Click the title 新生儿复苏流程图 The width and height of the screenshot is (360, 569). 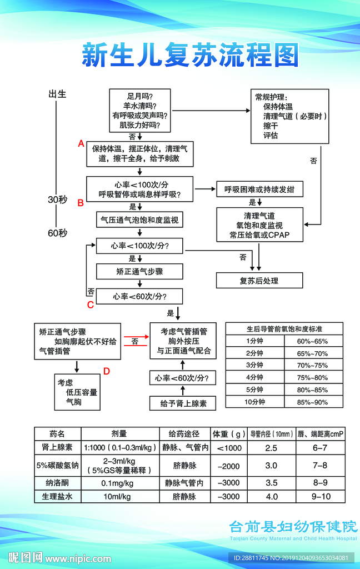point(191,56)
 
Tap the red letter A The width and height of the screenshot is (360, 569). point(81,144)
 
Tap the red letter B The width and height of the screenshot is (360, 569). point(81,203)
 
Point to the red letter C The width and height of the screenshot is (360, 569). point(90,305)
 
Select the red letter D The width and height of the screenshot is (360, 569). point(107,371)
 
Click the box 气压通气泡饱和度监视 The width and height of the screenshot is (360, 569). point(139,220)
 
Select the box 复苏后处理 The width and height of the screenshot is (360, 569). point(259,281)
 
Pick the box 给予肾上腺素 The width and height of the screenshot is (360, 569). point(183,403)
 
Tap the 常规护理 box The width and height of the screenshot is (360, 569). point(290,116)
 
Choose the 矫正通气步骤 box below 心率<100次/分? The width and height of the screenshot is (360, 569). point(139,272)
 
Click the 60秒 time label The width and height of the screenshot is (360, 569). point(57,232)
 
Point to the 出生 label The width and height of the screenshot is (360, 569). point(58,94)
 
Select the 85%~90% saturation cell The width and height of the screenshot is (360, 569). point(313,402)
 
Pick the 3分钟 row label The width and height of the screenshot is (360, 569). point(255,365)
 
